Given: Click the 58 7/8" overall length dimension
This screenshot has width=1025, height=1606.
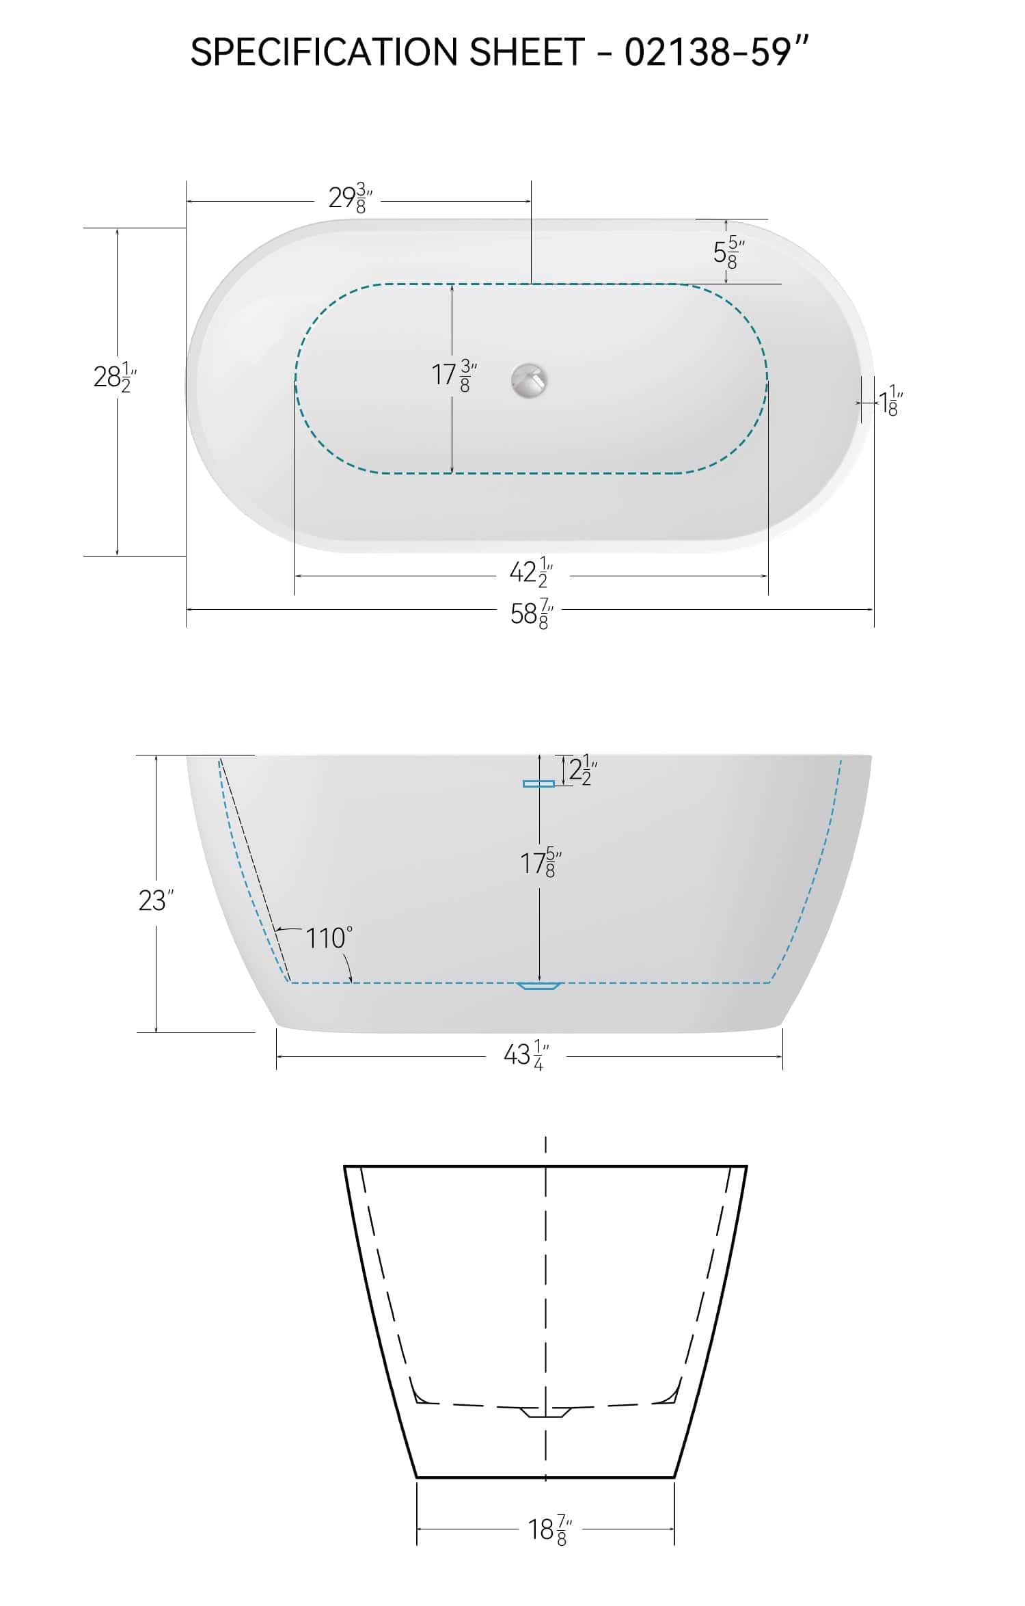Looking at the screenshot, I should (x=531, y=613).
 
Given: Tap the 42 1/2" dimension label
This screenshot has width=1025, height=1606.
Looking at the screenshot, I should (x=531, y=572).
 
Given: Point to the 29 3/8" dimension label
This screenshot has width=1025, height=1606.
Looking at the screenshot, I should (x=350, y=198).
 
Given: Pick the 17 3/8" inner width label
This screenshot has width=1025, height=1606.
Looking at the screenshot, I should (x=453, y=375).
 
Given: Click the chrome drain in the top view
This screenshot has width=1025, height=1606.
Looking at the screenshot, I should (x=530, y=380).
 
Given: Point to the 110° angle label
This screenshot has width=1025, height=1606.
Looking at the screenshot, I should (x=329, y=938).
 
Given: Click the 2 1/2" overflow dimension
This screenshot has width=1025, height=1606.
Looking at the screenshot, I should (x=583, y=771).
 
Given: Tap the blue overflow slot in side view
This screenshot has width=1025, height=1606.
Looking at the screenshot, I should (x=538, y=784).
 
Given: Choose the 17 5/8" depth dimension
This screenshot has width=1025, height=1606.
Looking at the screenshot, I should (x=541, y=863).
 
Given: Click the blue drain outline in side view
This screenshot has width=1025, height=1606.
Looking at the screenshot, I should (x=538, y=985).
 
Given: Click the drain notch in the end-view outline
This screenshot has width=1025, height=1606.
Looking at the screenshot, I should (x=545, y=1412).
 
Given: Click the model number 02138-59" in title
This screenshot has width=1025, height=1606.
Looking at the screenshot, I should (x=716, y=52).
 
